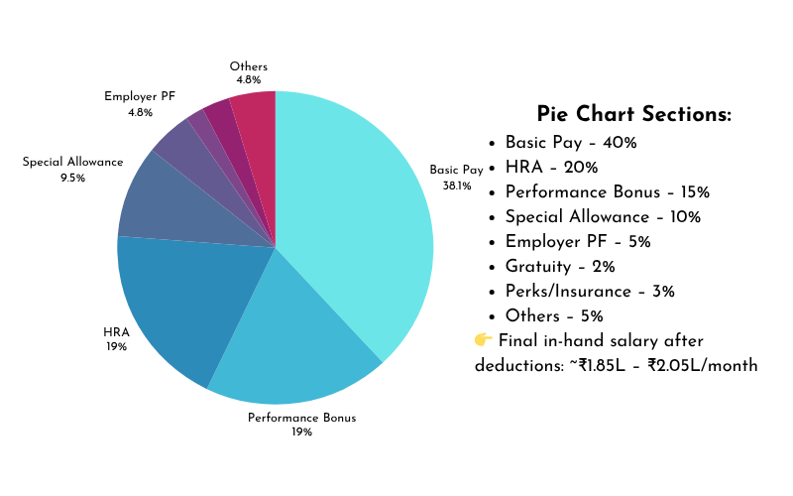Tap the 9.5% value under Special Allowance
tap(72, 178)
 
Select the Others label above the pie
tap(248, 66)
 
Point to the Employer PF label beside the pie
tap(140, 97)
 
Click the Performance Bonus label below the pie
tap(301, 418)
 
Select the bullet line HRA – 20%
tap(551, 167)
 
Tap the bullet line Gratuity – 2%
tap(560, 266)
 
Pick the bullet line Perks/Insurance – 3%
tap(589, 291)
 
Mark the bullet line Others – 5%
tap(554, 315)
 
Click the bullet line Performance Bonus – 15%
tap(607, 191)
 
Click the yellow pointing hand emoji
tap(484, 339)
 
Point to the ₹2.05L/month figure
tap(703, 365)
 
